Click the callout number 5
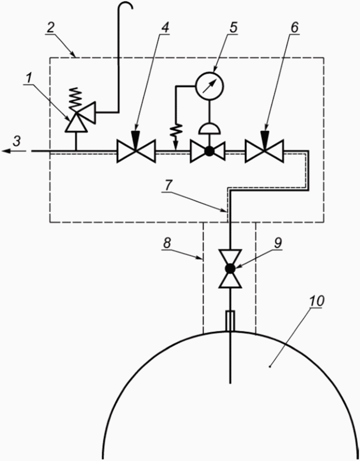point(233,27)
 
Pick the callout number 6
point(294,27)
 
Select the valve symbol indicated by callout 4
point(136,151)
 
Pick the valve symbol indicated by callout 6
point(265,151)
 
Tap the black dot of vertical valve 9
point(229,268)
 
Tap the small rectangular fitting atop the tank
point(229,320)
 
